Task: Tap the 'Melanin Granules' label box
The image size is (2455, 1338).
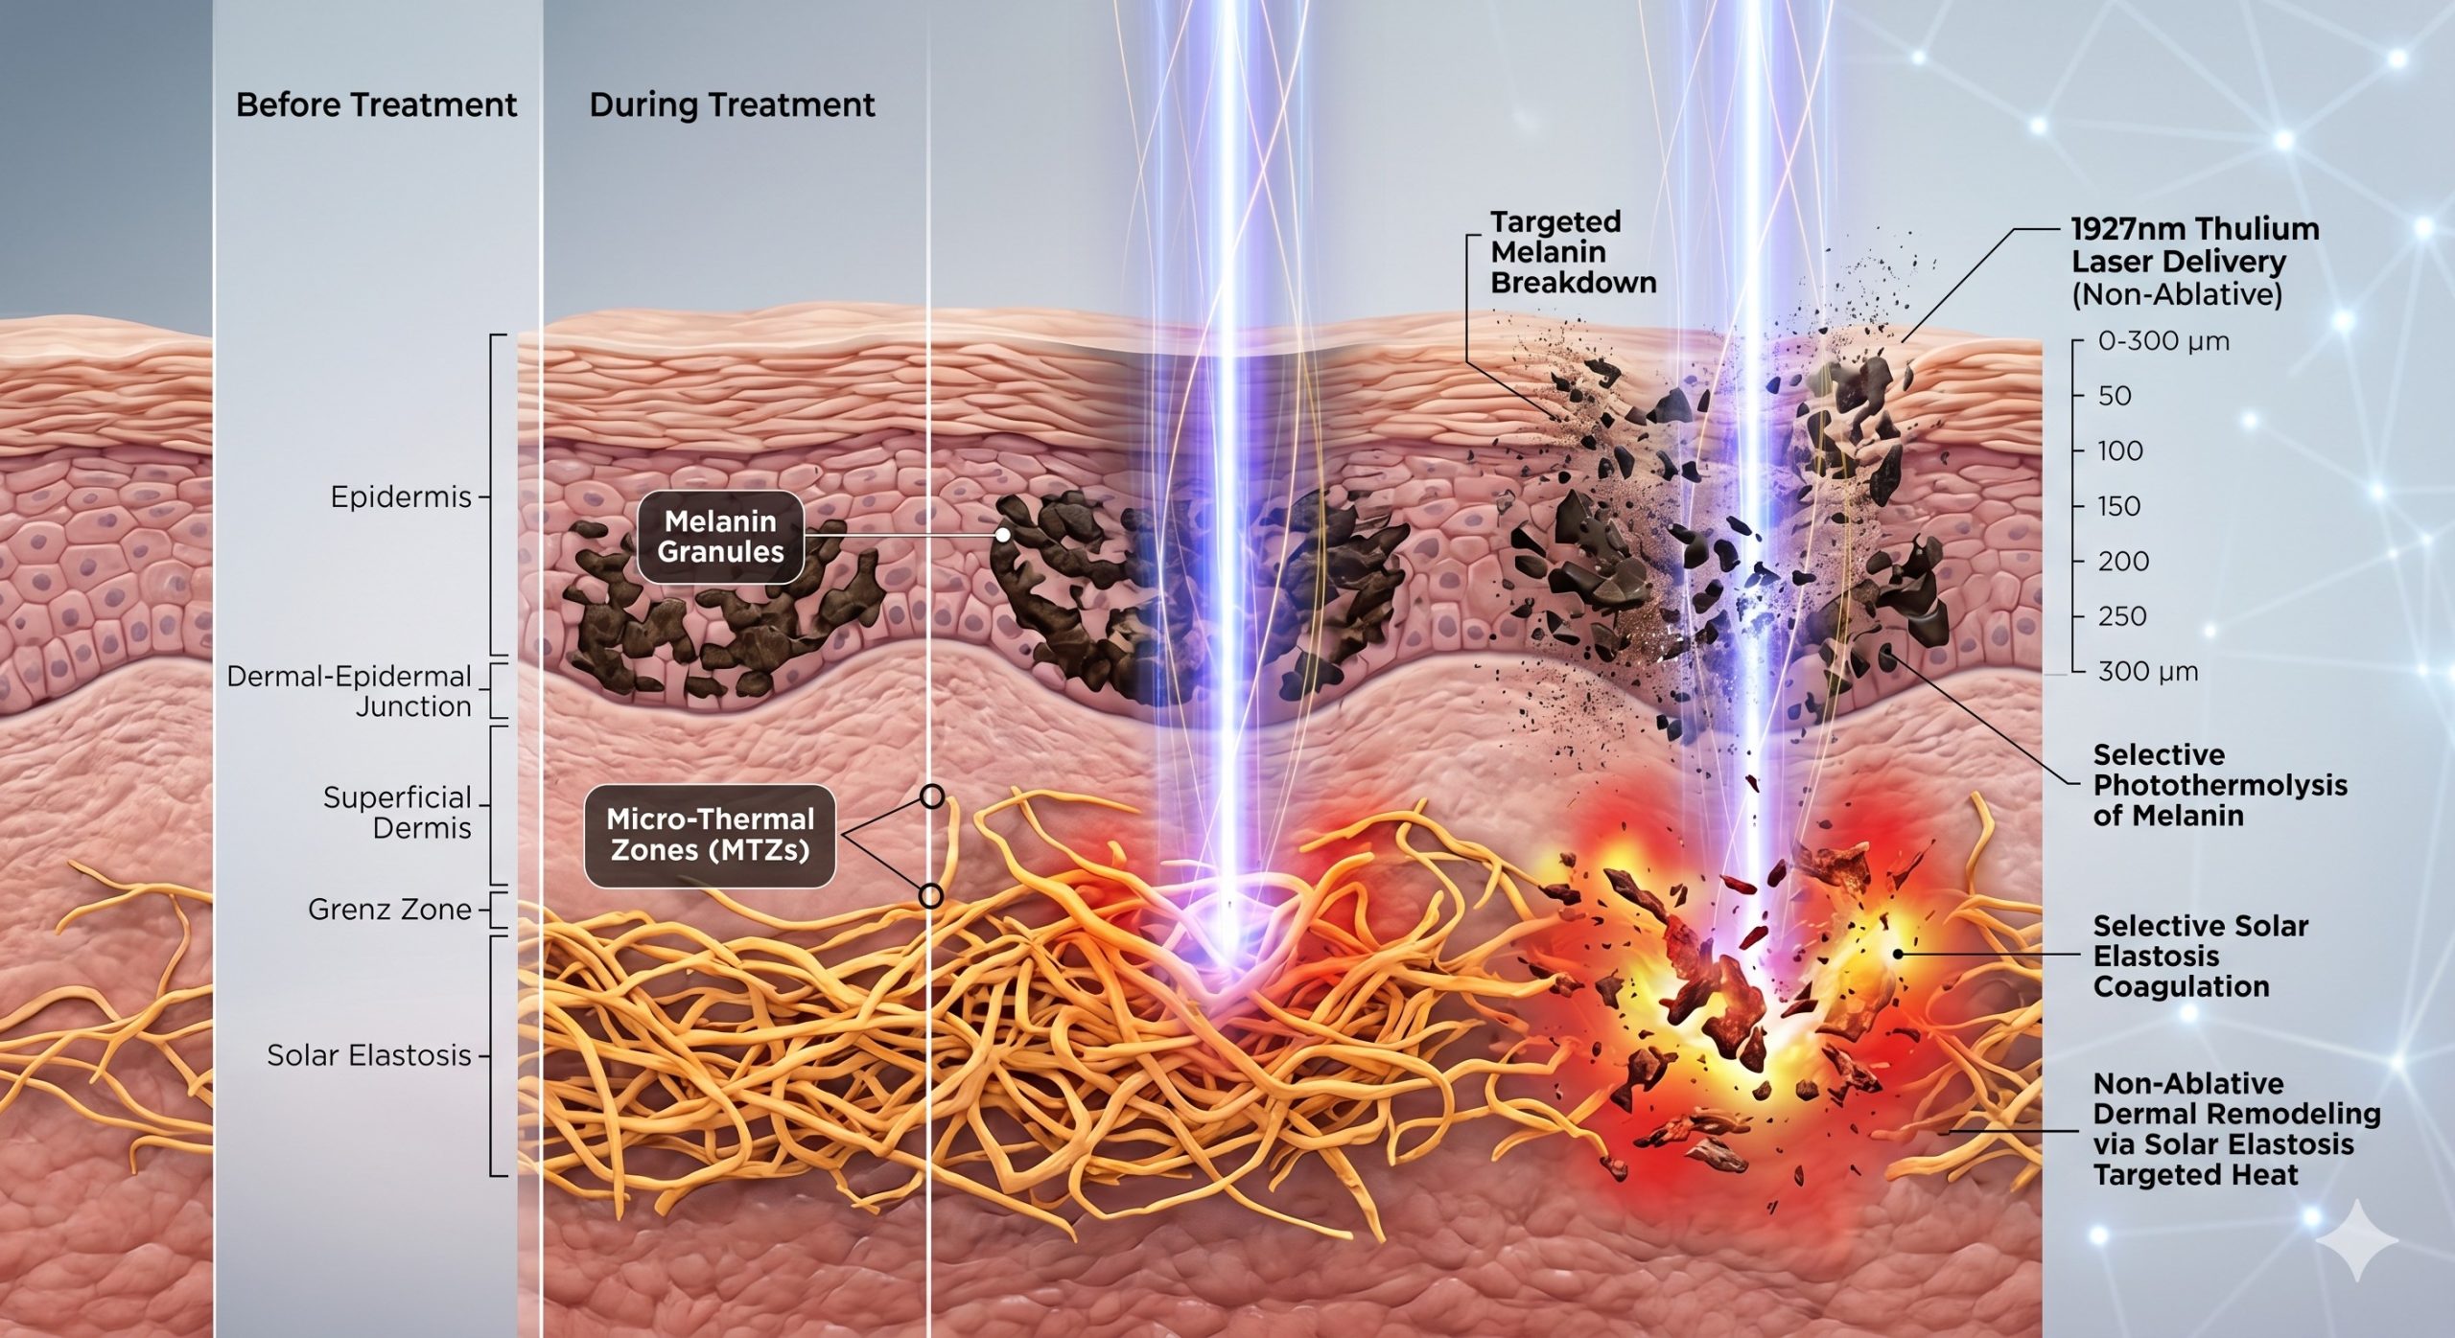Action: pos(720,537)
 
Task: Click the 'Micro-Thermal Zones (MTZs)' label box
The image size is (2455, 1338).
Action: pos(710,835)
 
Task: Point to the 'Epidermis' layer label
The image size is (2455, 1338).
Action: pos(401,496)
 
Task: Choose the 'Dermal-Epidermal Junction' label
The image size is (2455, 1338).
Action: pos(349,691)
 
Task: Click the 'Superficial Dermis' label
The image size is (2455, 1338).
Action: pos(397,813)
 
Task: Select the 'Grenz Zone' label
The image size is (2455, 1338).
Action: pos(389,910)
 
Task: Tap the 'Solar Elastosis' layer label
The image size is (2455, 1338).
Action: pos(369,1055)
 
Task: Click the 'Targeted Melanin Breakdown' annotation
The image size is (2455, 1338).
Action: pos(1573,252)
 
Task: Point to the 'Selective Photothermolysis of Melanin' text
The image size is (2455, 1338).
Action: pos(2220,785)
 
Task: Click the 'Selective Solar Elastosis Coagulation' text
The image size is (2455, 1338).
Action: pos(2200,956)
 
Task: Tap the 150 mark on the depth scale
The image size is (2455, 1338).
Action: pos(2119,506)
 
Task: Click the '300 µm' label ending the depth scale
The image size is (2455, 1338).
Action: pos(2148,671)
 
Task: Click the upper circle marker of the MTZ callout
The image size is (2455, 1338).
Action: pos(931,796)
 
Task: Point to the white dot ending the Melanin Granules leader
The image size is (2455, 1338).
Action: pos(1003,536)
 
